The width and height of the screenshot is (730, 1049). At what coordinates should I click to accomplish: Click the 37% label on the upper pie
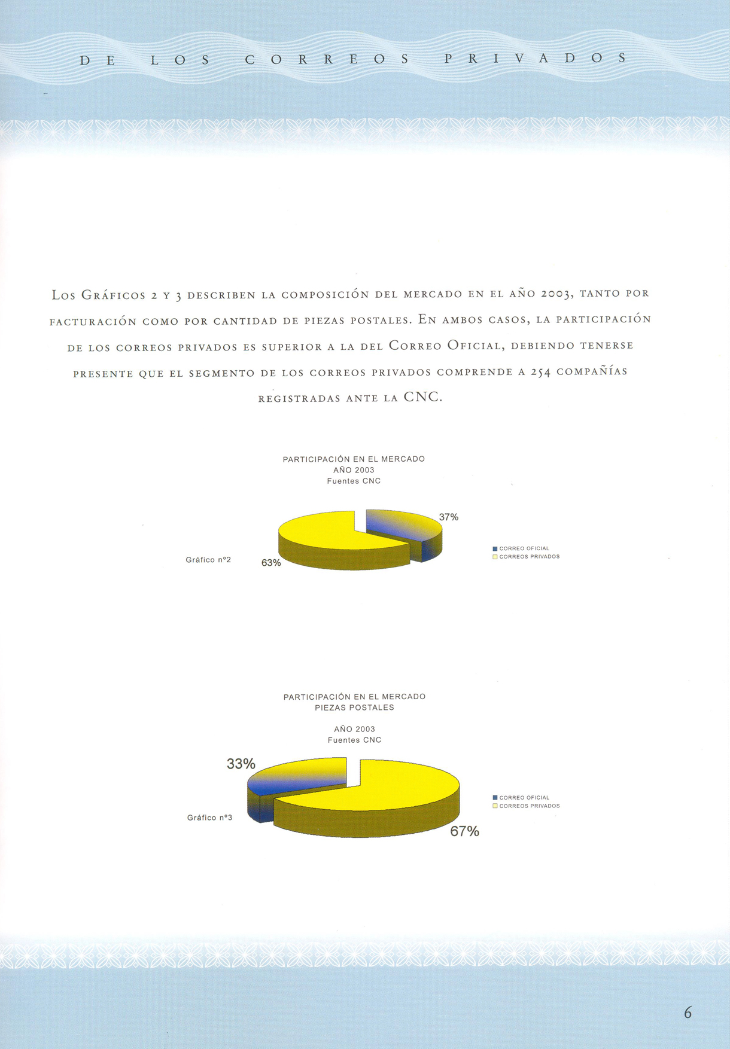click(448, 517)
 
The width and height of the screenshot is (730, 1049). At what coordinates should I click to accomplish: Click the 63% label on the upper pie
click(271, 563)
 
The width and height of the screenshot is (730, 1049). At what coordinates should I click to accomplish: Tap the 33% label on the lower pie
click(241, 764)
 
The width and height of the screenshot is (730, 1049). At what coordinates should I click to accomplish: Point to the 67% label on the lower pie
click(464, 831)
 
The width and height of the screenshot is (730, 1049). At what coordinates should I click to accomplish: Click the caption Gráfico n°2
click(208, 560)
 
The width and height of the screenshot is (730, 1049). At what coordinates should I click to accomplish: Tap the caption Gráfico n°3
click(209, 818)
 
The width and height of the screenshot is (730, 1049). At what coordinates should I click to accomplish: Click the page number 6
click(688, 1013)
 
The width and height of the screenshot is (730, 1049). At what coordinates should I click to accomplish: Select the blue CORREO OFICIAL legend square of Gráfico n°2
click(495, 548)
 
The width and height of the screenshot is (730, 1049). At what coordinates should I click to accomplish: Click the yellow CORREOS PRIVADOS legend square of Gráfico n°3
click(495, 806)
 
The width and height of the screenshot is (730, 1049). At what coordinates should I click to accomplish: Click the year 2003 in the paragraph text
click(557, 294)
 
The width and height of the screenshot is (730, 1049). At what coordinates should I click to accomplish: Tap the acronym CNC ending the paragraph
click(422, 397)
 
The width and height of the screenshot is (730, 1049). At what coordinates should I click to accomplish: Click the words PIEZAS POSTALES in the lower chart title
click(354, 708)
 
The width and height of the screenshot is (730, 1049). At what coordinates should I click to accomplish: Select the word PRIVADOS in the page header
click(535, 59)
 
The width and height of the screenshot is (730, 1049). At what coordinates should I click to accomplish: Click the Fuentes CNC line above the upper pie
click(354, 481)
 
